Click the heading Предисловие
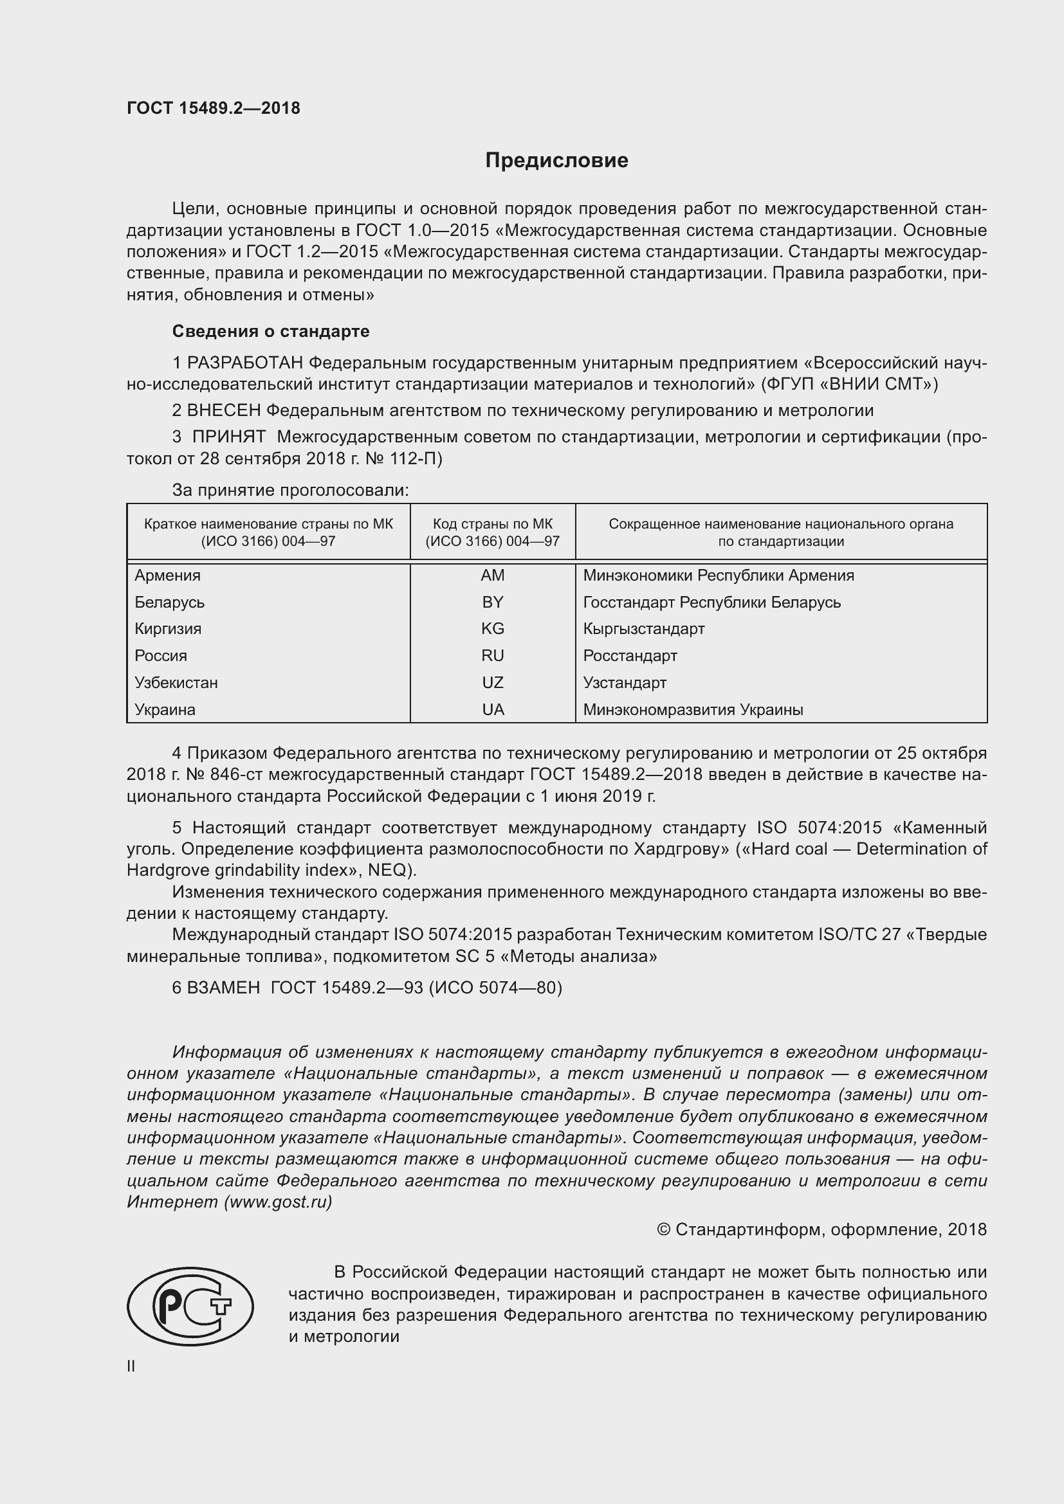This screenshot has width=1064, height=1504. click(x=556, y=161)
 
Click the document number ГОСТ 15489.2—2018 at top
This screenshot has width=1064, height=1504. click(x=213, y=108)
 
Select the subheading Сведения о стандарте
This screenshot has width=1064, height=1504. click(x=271, y=331)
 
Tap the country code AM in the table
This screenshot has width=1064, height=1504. click(x=492, y=575)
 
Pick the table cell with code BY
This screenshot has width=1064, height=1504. click(x=492, y=602)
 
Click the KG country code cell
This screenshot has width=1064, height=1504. click(x=492, y=629)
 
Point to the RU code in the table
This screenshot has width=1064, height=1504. click(x=492, y=656)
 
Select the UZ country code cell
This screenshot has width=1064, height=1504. click(x=492, y=683)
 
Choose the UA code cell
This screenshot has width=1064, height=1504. click(x=492, y=709)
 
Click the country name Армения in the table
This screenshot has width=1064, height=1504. click(x=168, y=575)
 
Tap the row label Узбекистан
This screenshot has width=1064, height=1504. click(x=176, y=683)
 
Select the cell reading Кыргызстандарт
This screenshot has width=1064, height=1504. click(x=643, y=629)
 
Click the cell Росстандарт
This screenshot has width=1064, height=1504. click(x=630, y=656)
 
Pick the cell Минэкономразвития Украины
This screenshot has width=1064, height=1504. click(x=693, y=709)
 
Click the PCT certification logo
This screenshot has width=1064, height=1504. click(x=190, y=1306)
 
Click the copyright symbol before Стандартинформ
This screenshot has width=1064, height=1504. click(x=663, y=1229)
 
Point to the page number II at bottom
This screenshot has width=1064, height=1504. click(x=131, y=1366)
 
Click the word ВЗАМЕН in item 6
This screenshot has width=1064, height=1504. click(x=223, y=988)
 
